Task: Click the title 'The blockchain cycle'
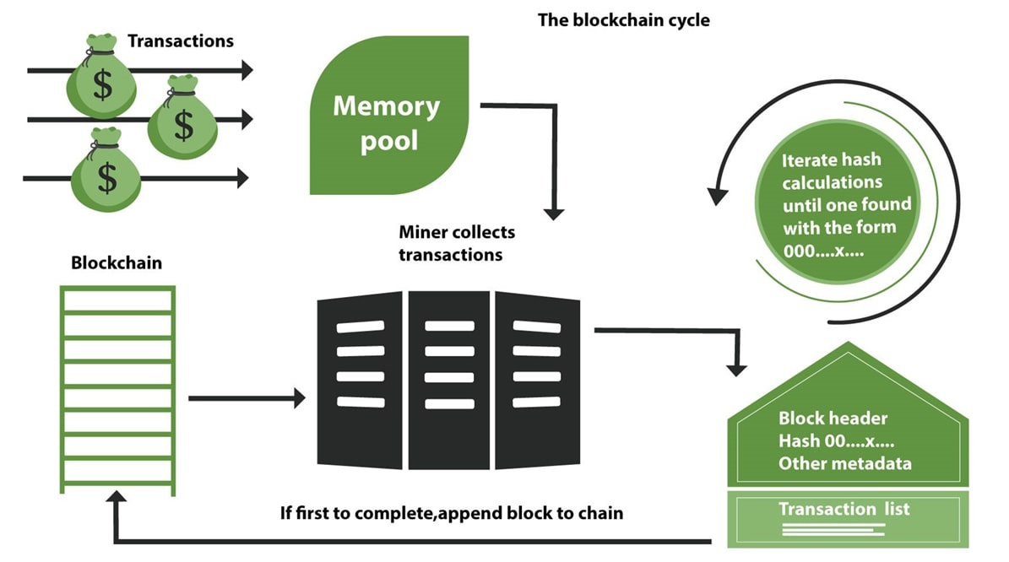click(623, 19)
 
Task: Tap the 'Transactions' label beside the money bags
click(180, 41)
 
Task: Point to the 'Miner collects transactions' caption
click(456, 243)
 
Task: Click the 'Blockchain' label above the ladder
click(117, 263)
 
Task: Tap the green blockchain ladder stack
click(118, 388)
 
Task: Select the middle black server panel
click(449, 379)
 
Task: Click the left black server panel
click(361, 379)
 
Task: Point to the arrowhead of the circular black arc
click(718, 196)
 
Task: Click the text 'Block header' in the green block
click(833, 419)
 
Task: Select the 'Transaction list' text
click(844, 509)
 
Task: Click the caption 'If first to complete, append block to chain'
click(452, 512)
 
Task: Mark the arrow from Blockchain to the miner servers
click(246, 397)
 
